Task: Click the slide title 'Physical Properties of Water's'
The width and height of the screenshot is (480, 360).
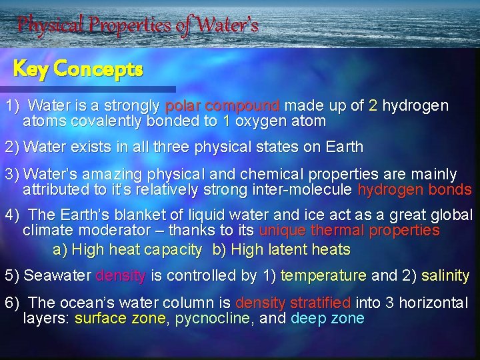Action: [137, 26]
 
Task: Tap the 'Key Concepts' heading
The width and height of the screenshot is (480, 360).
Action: [78, 69]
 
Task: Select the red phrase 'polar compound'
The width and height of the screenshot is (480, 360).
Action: [222, 106]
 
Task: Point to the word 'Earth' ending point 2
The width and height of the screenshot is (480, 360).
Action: [345, 147]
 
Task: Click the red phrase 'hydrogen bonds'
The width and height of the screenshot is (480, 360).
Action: [415, 190]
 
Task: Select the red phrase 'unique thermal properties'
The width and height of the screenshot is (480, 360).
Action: [349, 231]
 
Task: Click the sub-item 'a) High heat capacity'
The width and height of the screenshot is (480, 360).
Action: [127, 250]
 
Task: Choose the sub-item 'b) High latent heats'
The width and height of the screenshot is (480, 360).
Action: [281, 250]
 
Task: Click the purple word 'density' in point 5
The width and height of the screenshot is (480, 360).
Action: [121, 275]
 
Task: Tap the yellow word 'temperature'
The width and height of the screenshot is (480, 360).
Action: [323, 275]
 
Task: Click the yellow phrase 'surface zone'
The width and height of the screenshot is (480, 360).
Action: [120, 318]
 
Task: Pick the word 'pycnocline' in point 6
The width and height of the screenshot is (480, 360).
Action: [212, 318]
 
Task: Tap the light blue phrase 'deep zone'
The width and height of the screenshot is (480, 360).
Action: [327, 318]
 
